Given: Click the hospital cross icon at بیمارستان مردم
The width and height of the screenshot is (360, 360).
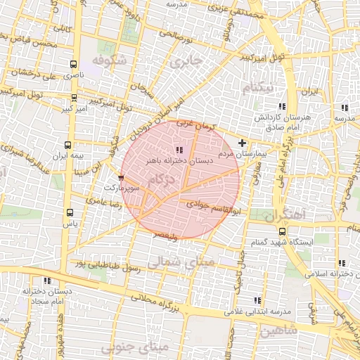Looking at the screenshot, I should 243,143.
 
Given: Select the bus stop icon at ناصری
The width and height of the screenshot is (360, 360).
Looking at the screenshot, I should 74,64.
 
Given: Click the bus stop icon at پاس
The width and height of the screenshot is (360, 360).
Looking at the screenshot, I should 69,212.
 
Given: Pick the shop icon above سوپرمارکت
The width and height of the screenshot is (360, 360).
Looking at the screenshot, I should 122,178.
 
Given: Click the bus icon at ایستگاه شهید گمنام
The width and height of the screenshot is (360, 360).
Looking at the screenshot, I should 282,231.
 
